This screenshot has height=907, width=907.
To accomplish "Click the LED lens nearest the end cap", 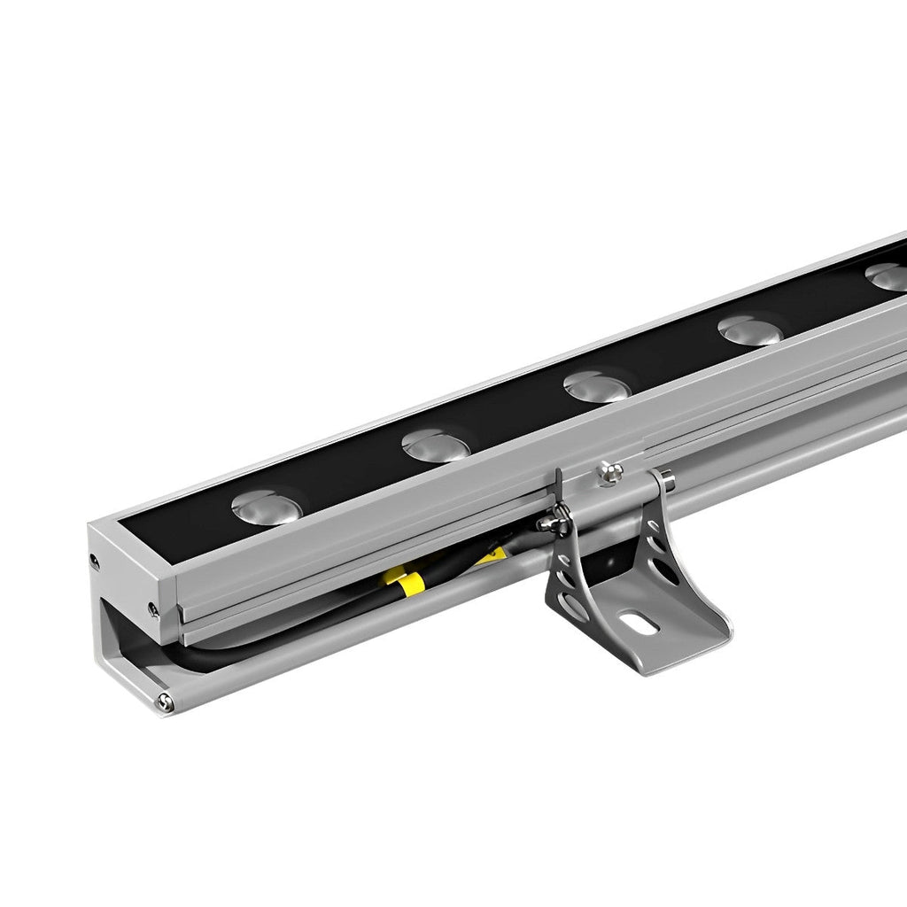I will point(264,507).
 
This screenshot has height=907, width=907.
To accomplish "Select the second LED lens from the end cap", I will point(435,446).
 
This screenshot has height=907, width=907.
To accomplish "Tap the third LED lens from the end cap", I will point(596,385).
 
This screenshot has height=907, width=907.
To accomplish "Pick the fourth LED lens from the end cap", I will point(748,329).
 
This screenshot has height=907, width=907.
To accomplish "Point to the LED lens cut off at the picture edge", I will point(887,275).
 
